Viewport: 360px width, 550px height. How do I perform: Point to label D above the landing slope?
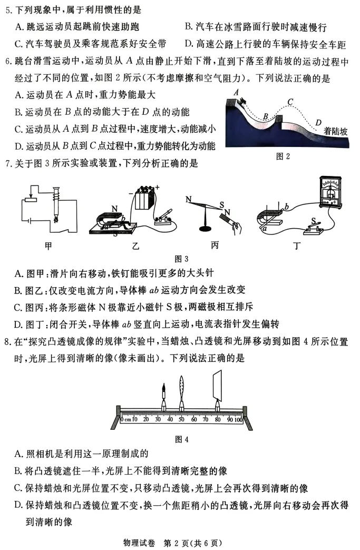[318, 123]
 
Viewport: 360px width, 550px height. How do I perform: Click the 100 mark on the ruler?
[238, 420]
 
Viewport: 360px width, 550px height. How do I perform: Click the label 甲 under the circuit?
[46, 245]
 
